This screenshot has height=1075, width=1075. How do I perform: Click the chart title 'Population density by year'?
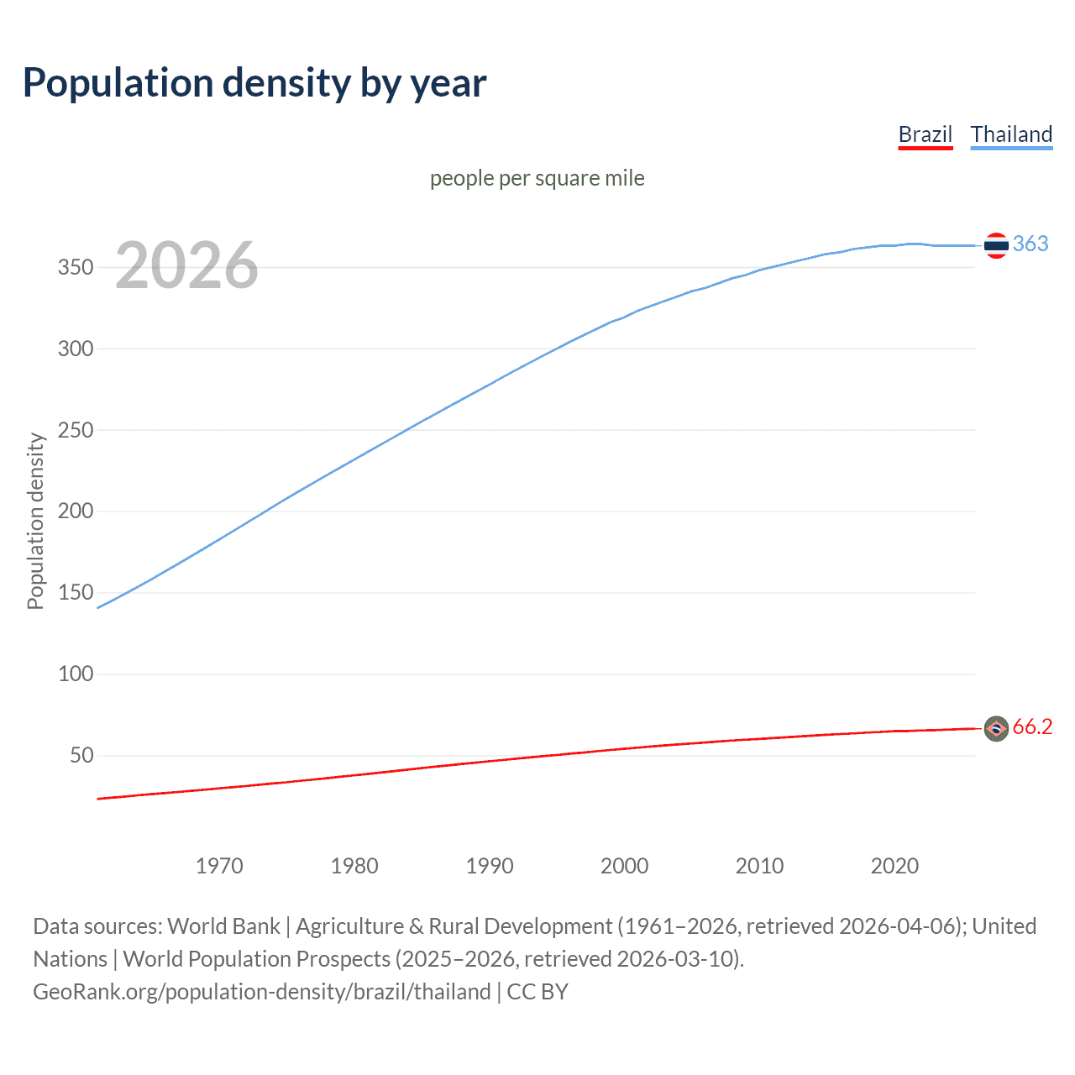tap(254, 83)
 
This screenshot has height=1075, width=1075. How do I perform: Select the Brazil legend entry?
tap(925, 134)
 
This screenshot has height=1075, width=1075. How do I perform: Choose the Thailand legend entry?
tap(1011, 134)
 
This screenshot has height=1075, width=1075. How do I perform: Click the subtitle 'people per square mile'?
tap(537, 178)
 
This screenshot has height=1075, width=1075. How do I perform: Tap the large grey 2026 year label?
tap(186, 265)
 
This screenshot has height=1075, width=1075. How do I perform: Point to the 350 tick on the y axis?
tap(76, 267)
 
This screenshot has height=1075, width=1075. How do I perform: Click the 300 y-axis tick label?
tap(76, 349)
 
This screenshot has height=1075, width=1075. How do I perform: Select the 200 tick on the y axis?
tap(76, 511)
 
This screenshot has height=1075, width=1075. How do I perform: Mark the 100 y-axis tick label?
tap(76, 674)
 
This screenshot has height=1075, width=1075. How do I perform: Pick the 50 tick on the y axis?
tap(81, 755)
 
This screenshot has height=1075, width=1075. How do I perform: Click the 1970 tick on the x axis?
tap(219, 866)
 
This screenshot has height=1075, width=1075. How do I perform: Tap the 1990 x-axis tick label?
tap(490, 866)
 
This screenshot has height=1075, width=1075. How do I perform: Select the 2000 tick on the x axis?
tap(624, 866)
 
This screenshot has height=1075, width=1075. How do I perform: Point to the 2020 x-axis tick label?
tap(894, 866)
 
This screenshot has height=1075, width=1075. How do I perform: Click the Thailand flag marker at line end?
tap(996, 245)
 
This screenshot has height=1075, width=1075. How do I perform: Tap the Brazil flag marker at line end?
tap(996, 729)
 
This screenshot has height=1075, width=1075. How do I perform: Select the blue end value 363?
tap(1030, 244)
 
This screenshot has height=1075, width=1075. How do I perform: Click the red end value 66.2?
tap(1032, 726)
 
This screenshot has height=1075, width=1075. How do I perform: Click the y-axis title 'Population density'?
tap(35, 521)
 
